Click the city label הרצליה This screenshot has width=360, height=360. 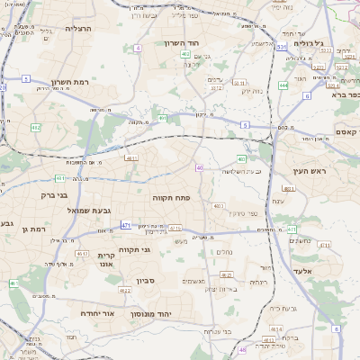click(79, 29)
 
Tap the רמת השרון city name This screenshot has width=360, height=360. click(69, 80)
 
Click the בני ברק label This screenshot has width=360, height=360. click(55, 193)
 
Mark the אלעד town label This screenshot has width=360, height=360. click(301, 270)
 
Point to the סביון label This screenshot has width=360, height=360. click(147, 282)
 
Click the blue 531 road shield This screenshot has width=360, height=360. click(283, 46)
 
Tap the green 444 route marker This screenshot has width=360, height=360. click(283, 85)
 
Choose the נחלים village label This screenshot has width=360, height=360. click(226, 251)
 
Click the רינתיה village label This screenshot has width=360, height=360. click(257, 282)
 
